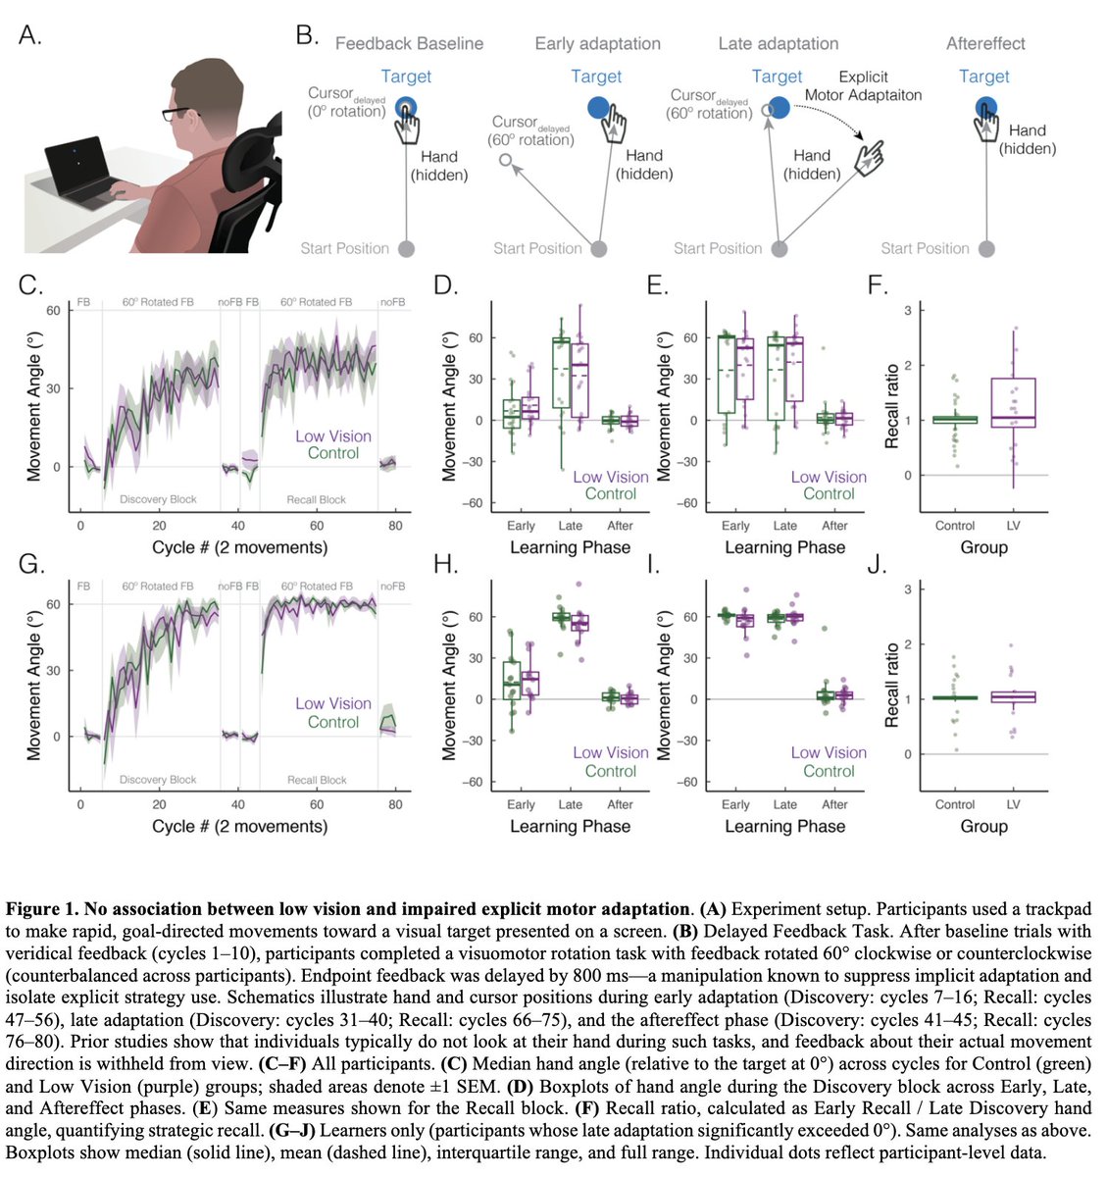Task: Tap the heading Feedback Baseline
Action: pyautogui.click(x=409, y=44)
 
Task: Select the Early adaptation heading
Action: pyautogui.click(x=597, y=44)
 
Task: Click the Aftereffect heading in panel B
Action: pyautogui.click(x=984, y=44)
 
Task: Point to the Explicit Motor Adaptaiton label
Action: pyautogui.click(x=863, y=86)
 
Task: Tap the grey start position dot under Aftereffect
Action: pyautogui.click(x=986, y=249)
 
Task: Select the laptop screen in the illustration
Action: pyautogui.click(x=81, y=160)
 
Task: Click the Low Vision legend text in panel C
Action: pyautogui.click(x=333, y=436)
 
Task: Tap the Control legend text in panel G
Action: pyautogui.click(x=333, y=722)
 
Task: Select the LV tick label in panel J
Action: pyautogui.click(x=1013, y=804)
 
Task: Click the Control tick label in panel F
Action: pyautogui.click(x=954, y=526)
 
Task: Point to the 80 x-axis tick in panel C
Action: pyautogui.click(x=395, y=526)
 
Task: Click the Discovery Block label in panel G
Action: pyautogui.click(x=158, y=780)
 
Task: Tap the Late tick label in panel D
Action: pyautogui.click(x=570, y=526)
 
